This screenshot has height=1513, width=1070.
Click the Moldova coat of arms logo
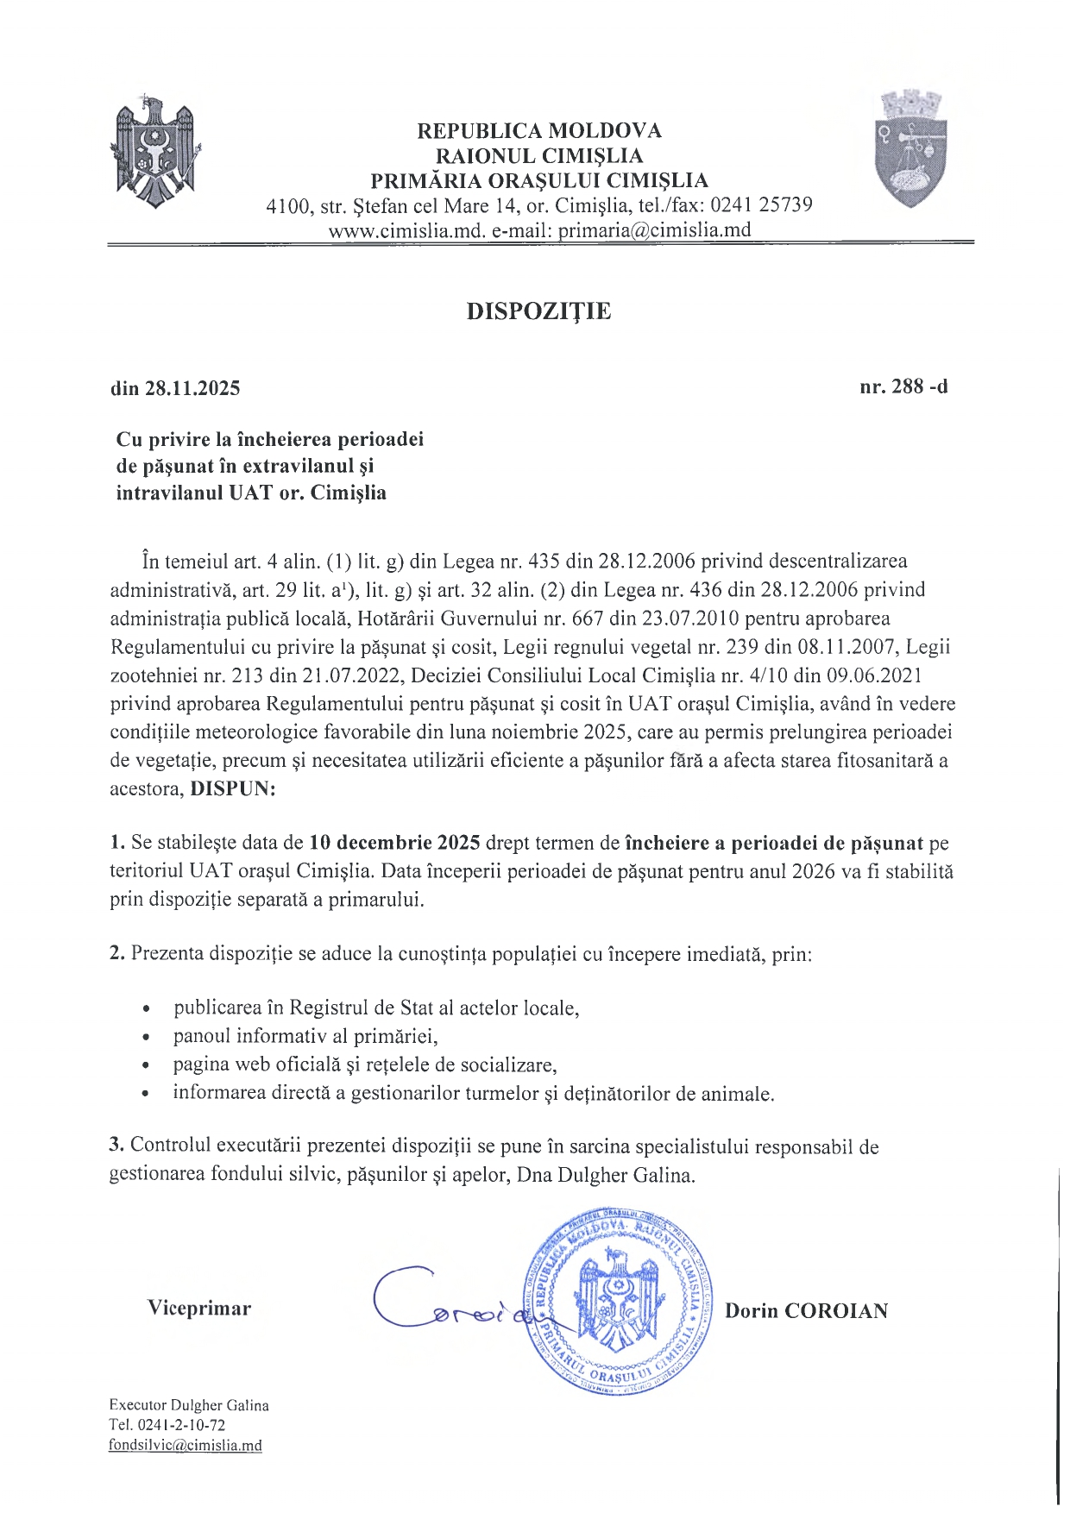pos(156,153)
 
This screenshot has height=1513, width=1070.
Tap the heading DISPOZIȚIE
pos(538,311)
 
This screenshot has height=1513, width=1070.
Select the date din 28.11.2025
pos(175,388)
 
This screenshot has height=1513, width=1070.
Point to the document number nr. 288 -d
pos(903,386)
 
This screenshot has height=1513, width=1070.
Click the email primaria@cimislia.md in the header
pos(654,230)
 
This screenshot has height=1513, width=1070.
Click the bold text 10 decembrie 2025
pos(394,843)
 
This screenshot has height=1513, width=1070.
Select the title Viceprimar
pos(199,1309)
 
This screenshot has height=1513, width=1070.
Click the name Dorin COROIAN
pos(806,1311)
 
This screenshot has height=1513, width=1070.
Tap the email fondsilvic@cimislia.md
pos(185,1446)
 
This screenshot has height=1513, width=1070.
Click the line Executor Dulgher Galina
pos(188,1405)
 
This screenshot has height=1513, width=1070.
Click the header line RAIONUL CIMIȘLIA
pos(539,156)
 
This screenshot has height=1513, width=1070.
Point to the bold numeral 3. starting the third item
pos(116,1146)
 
